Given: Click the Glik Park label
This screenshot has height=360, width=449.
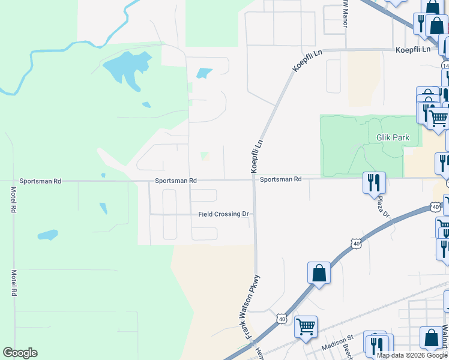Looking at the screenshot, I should (393, 137).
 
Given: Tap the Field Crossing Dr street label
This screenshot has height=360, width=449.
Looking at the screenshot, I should (223, 214).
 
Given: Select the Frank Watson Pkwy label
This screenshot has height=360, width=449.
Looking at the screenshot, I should (253, 308).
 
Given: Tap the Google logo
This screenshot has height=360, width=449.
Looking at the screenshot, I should (20, 353).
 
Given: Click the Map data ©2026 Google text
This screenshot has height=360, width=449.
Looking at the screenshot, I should (412, 355).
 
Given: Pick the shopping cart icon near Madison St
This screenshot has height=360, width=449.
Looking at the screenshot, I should (306, 327).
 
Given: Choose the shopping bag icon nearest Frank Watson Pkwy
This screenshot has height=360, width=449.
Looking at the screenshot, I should (319, 273).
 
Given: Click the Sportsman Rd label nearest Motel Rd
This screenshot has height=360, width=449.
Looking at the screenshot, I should (40, 181).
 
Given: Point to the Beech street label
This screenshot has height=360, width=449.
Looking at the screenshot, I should (346, 349).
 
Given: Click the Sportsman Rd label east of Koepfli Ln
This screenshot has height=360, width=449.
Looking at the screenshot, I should (280, 179).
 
